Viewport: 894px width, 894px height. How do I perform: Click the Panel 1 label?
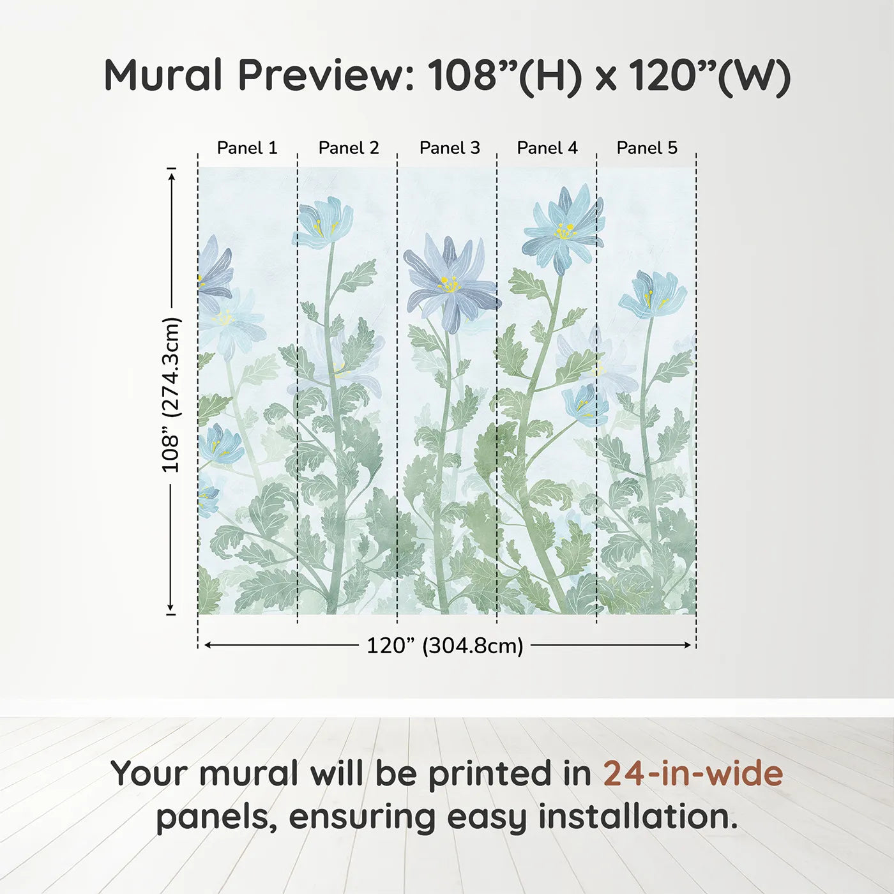click(247, 148)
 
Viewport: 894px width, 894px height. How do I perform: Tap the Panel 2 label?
click(349, 148)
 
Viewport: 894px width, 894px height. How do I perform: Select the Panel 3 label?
click(450, 148)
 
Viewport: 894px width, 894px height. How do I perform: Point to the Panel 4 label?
click(547, 148)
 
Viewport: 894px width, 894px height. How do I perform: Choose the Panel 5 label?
click(647, 148)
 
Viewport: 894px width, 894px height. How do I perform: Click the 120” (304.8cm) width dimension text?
click(445, 646)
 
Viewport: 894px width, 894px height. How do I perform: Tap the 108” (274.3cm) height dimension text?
click(171, 395)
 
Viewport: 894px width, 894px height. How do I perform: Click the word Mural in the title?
click(163, 75)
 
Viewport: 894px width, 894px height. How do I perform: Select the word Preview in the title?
click(327, 75)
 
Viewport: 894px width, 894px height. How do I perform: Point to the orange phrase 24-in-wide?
click(693, 773)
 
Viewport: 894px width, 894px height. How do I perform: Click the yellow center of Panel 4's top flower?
click(564, 232)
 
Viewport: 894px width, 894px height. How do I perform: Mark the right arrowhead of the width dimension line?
click(688, 645)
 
